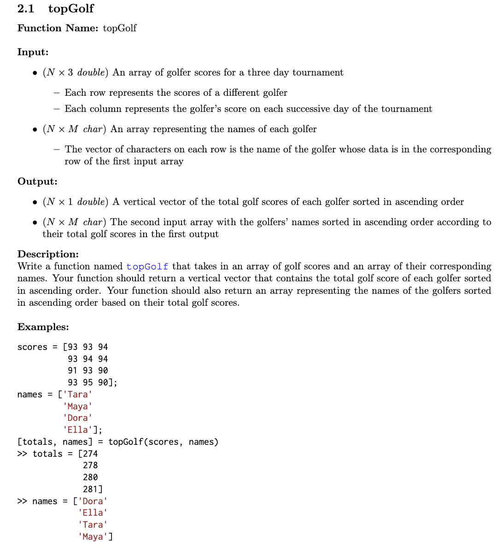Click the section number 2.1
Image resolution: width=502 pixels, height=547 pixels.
(26, 9)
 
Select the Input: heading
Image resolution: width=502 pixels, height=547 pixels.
(33, 52)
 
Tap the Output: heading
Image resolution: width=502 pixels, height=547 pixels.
(37, 181)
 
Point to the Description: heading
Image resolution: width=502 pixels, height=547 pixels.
(48, 254)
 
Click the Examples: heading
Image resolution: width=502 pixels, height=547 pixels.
(43, 327)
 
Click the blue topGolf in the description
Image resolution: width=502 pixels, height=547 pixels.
(147, 267)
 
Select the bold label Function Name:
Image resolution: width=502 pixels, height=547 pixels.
(58, 28)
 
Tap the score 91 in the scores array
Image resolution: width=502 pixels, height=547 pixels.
(73, 371)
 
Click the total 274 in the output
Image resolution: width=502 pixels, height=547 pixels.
(90, 454)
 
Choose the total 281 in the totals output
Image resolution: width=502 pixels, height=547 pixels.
(90, 489)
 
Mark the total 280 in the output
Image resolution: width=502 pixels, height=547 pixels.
(90, 477)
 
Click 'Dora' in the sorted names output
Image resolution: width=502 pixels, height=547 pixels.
(93, 501)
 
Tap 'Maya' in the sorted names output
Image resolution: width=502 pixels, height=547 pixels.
(93, 537)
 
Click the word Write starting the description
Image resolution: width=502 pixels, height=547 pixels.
(29, 267)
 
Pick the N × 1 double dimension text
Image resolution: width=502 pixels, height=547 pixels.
(76, 202)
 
